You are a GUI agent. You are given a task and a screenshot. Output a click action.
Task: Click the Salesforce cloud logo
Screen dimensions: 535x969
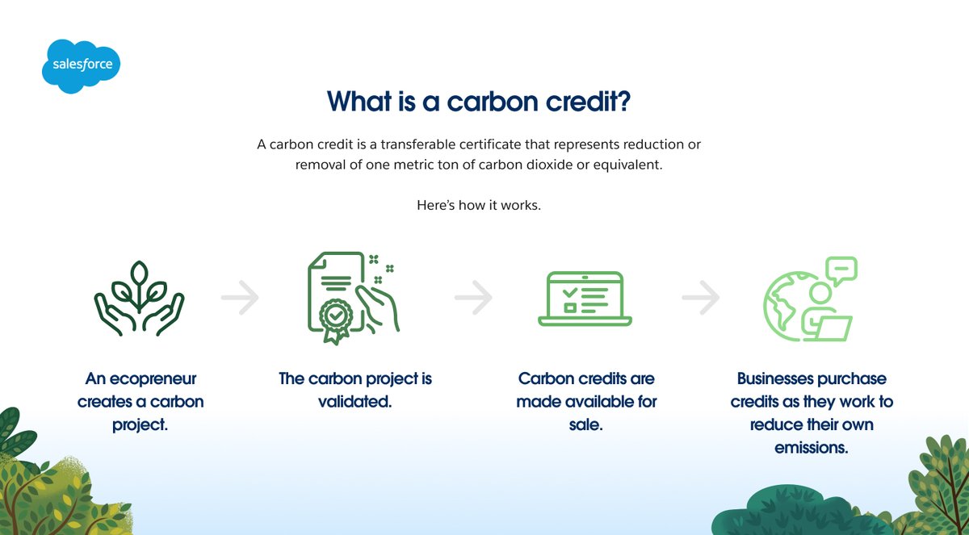(x=81, y=65)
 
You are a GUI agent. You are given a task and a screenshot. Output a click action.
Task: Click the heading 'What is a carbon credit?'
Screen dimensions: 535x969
(x=478, y=102)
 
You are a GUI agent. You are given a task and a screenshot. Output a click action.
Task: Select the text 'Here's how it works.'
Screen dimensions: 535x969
(x=478, y=205)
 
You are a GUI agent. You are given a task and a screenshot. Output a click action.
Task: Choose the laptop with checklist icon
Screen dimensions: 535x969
(x=585, y=299)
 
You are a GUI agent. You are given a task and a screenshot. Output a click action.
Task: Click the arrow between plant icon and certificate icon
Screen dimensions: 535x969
(x=240, y=299)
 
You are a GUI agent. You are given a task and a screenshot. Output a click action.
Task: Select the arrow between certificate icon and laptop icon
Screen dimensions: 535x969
(x=473, y=299)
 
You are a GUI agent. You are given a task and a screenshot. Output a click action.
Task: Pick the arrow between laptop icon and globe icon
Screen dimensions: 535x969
(x=700, y=299)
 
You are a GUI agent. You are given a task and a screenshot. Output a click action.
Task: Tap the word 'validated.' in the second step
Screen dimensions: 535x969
(x=355, y=401)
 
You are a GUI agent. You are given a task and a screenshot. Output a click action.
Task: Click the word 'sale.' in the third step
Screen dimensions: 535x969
(x=585, y=424)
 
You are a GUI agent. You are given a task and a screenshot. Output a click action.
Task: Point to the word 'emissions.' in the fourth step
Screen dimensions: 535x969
(x=812, y=447)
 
